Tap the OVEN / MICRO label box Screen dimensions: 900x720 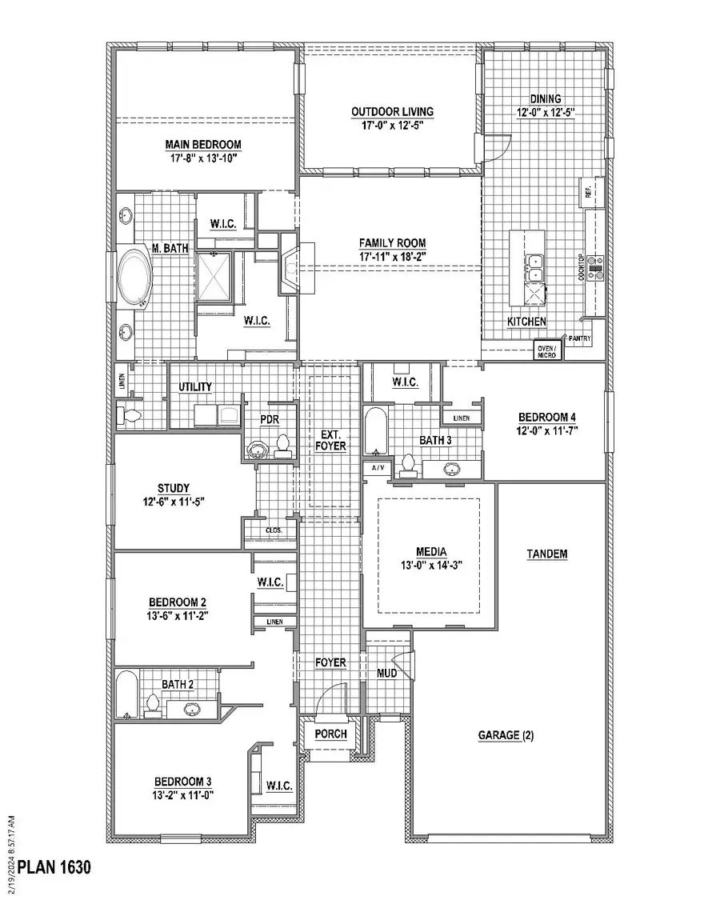[x=547, y=350]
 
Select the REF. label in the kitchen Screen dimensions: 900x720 [x=588, y=193]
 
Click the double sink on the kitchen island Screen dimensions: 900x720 [x=533, y=267]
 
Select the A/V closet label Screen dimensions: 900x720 [x=375, y=466]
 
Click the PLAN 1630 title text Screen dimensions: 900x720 [x=54, y=866]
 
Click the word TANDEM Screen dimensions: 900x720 [x=547, y=554]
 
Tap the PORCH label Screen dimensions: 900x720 [x=330, y=734]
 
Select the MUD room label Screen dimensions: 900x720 [x=387, y=674]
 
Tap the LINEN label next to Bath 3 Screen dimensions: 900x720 [x=461, y=418]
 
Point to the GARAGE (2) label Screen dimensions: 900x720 [x=506, y=734]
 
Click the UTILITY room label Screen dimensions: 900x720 [x=195, y=386]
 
